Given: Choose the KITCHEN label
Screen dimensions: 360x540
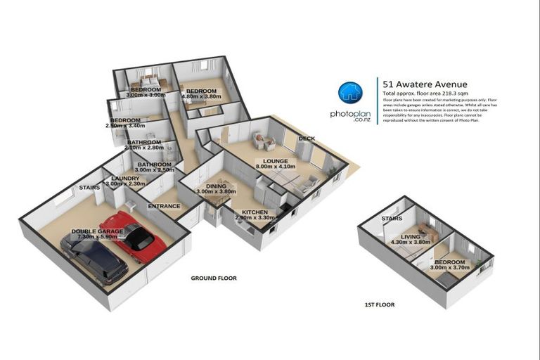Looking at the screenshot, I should [254, 212].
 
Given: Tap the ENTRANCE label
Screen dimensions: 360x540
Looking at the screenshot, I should [164, 206].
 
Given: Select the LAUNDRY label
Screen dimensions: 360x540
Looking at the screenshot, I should [125, 179].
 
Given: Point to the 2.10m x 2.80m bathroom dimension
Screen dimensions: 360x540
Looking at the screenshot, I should [143, 148].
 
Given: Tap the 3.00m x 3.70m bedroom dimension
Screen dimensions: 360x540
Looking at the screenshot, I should [448, 267].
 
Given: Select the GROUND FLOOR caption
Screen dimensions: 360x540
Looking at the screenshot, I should [214, 278].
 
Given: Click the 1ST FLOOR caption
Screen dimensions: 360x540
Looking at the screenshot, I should [379, 305].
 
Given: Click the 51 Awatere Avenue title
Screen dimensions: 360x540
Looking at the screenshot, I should [425, 84].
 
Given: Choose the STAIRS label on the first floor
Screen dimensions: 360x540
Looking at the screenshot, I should [392, 219].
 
